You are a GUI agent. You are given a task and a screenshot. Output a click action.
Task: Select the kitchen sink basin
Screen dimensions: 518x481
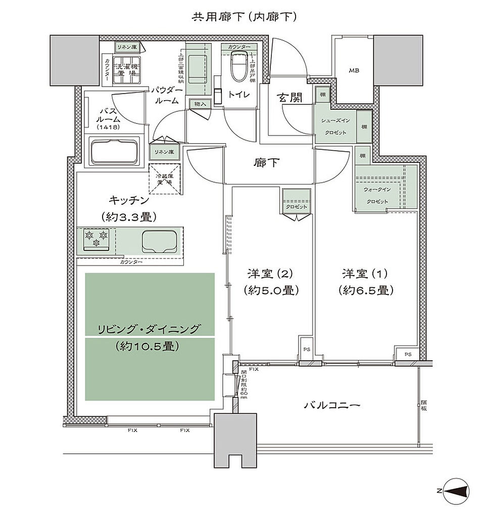point(159,242)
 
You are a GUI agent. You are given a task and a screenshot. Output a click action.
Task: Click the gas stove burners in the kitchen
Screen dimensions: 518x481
point(96,239)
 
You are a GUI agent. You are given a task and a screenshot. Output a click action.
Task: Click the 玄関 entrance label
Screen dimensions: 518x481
point(289,98)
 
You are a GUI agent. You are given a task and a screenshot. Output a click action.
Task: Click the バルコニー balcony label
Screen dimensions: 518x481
point(332,405)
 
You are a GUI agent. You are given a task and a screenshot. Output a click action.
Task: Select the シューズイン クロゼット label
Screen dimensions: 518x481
point(332,126)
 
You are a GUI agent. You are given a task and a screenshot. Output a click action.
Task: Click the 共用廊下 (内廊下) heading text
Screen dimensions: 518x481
point(243,17)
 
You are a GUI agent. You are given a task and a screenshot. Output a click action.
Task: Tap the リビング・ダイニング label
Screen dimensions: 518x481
point(149,329)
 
